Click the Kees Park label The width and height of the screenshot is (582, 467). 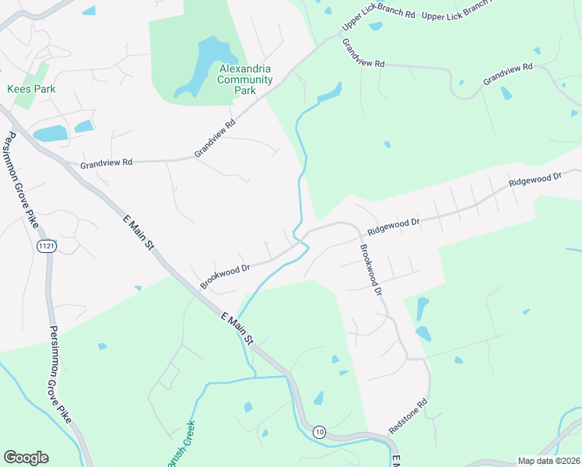pos(31,90)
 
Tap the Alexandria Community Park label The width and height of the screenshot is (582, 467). pos(245,79)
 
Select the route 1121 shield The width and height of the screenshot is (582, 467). pos(46,246)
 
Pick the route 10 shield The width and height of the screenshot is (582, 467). pos(319,431)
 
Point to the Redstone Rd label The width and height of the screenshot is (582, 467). pos(409,417)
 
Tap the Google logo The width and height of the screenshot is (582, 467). pos(26,458)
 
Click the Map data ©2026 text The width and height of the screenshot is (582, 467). pos(549,461)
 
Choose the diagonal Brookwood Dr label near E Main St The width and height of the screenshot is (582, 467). pos(224,276)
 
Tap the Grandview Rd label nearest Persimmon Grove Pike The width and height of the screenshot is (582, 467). pos(107,163)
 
